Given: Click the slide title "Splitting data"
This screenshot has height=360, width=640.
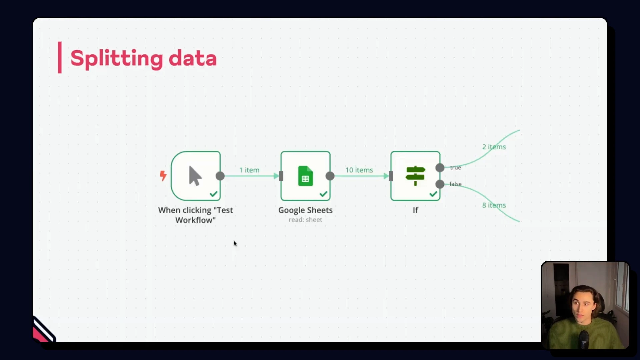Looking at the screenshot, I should pos(143,58).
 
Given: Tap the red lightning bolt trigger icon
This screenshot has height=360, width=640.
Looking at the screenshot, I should pos(163,176).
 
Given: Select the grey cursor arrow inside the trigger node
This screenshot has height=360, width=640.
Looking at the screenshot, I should pos(195,176).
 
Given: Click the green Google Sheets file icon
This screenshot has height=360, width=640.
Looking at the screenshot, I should pos(305,176).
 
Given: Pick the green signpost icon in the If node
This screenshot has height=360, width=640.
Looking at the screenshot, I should pos(415,175).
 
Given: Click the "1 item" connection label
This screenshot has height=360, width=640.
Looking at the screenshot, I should pos(249,170).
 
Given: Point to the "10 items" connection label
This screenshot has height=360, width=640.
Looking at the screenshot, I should pos(359,170).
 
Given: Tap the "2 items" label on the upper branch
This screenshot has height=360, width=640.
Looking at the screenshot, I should pos(494,147).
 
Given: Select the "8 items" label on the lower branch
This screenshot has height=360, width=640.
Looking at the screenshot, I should pos(494,205).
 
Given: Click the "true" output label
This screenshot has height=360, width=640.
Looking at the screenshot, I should pos(455,168).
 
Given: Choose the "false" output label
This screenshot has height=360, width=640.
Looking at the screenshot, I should pos(455,184).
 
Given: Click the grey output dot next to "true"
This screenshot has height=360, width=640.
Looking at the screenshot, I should pos(440,168).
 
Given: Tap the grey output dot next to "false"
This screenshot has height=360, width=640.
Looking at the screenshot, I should pos(440,184).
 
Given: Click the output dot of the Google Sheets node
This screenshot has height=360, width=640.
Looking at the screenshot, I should pos(330,176).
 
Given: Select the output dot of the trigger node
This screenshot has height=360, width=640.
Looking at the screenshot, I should pos(220,176).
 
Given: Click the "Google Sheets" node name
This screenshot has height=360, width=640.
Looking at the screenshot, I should pos(305,210).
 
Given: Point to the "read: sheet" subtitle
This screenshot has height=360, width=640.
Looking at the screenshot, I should pos(305,220).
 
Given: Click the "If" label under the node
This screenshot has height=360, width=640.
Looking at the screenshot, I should pos(415,210).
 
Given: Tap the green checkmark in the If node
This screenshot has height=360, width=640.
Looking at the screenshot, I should pos(433,194).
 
